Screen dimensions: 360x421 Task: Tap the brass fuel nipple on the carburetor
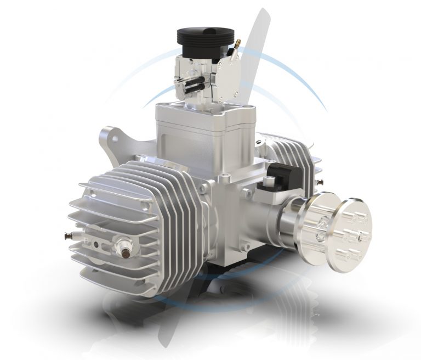237,43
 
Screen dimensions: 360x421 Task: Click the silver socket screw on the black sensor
268,181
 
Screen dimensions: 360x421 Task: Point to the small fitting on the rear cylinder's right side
320,181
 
